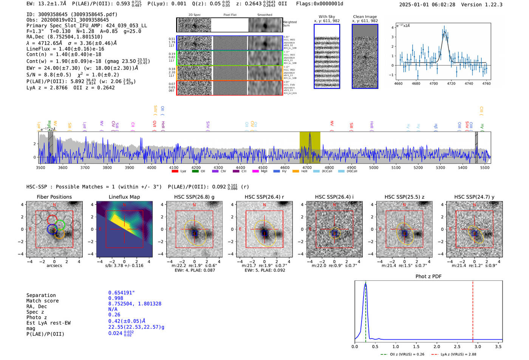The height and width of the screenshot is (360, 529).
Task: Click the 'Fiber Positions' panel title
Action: click(54, 197)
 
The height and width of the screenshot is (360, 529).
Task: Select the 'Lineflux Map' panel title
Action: click(124, 197)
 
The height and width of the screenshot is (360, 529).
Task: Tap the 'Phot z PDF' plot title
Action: click(428, 277)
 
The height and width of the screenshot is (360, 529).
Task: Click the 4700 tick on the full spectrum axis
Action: click(307, 167)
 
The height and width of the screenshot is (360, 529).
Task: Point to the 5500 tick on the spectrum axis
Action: click(485, 167)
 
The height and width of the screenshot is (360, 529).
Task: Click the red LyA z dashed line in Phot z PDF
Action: click(473, 310)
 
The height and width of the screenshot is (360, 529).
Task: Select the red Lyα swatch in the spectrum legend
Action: click(175, 172)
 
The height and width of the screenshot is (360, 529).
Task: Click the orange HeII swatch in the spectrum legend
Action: click(296, 172)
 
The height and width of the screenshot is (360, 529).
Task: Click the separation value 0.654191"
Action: click(121, 293)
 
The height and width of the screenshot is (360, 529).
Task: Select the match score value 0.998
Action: click(116, 298)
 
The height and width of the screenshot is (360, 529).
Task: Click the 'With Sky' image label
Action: click(327, 17)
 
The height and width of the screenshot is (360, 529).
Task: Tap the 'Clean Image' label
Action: click(365, 17)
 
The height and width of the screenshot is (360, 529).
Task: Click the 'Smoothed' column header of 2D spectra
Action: click(264, 15)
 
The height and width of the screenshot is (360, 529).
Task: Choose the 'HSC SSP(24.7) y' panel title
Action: click(474, 197)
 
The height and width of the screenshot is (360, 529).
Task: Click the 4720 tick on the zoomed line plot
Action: click(451, 83)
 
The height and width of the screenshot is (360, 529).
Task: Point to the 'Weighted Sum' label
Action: click(289, 24)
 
